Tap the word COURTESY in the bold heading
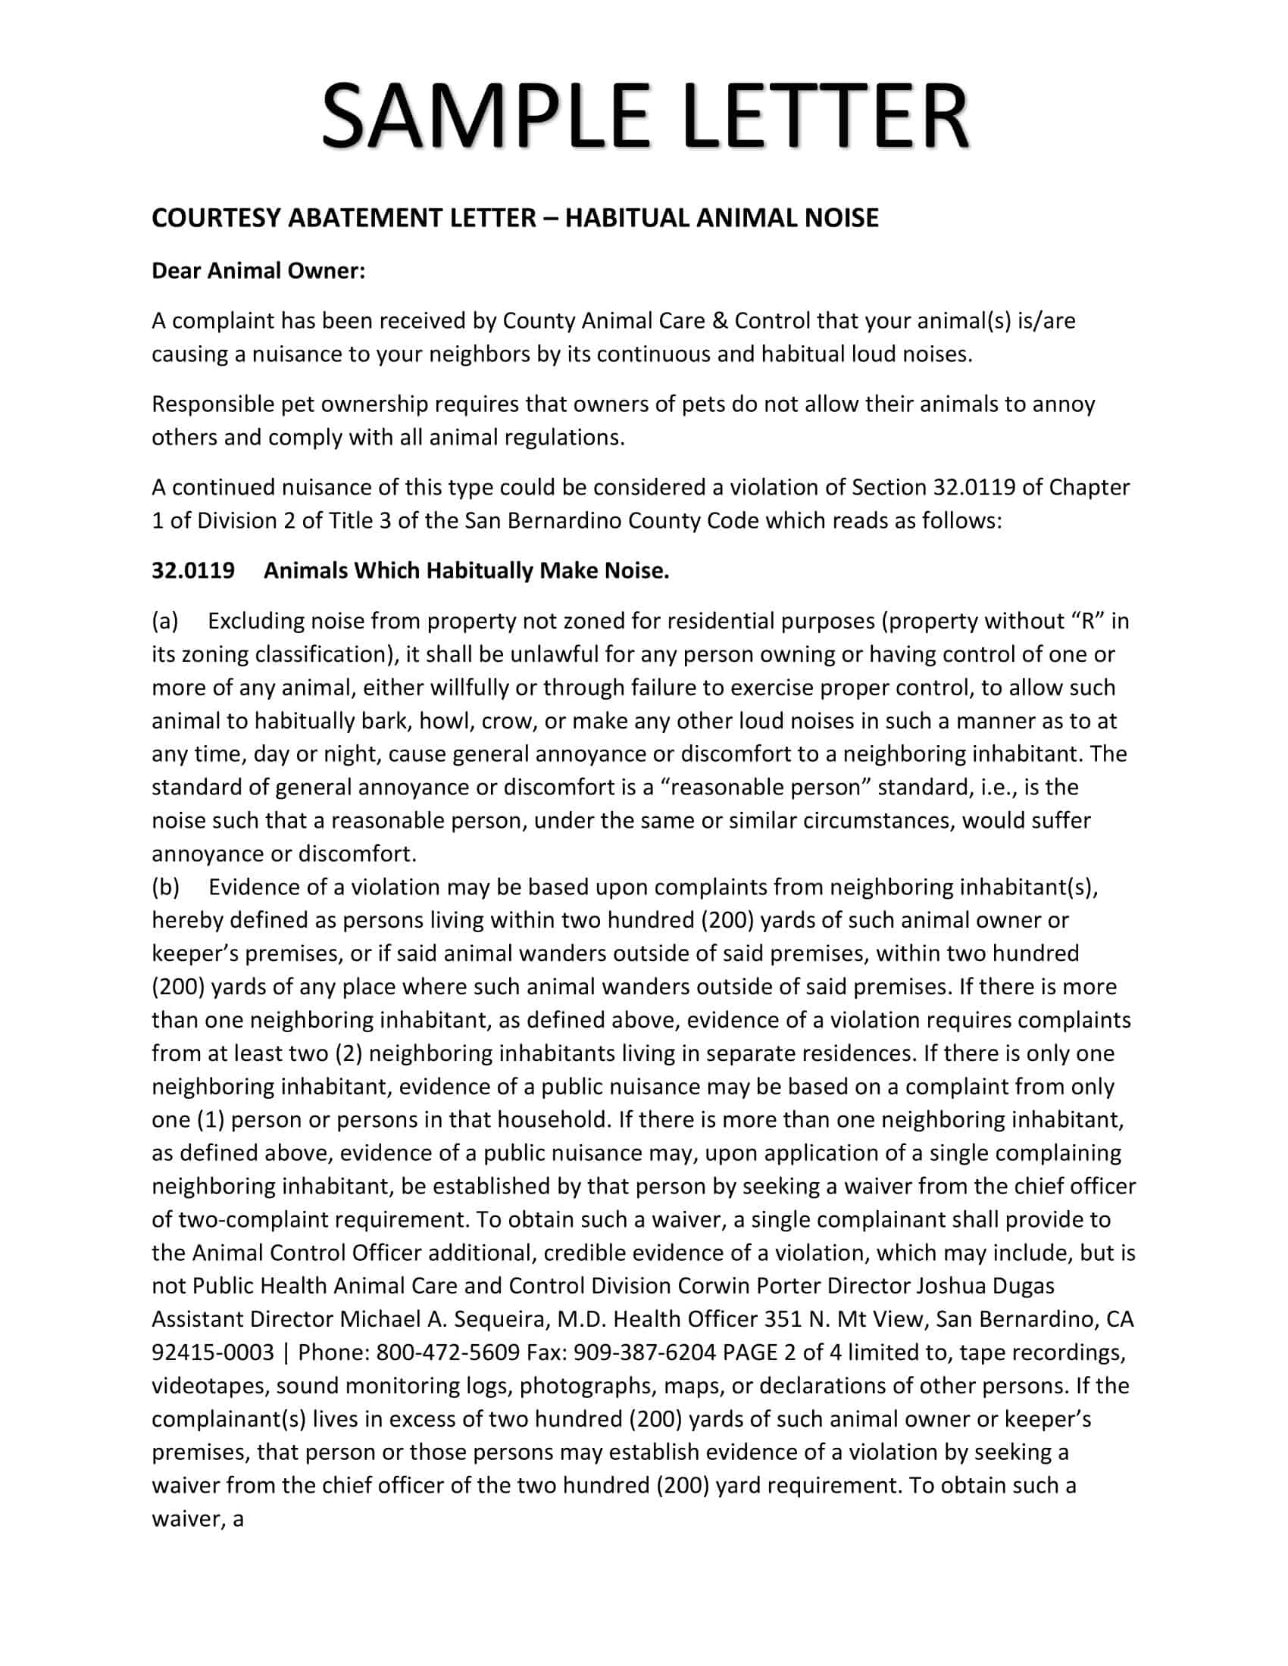216,218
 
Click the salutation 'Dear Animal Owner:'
258,271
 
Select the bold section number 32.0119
193,570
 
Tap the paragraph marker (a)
165,621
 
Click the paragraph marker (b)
166,888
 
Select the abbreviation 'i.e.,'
989,788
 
